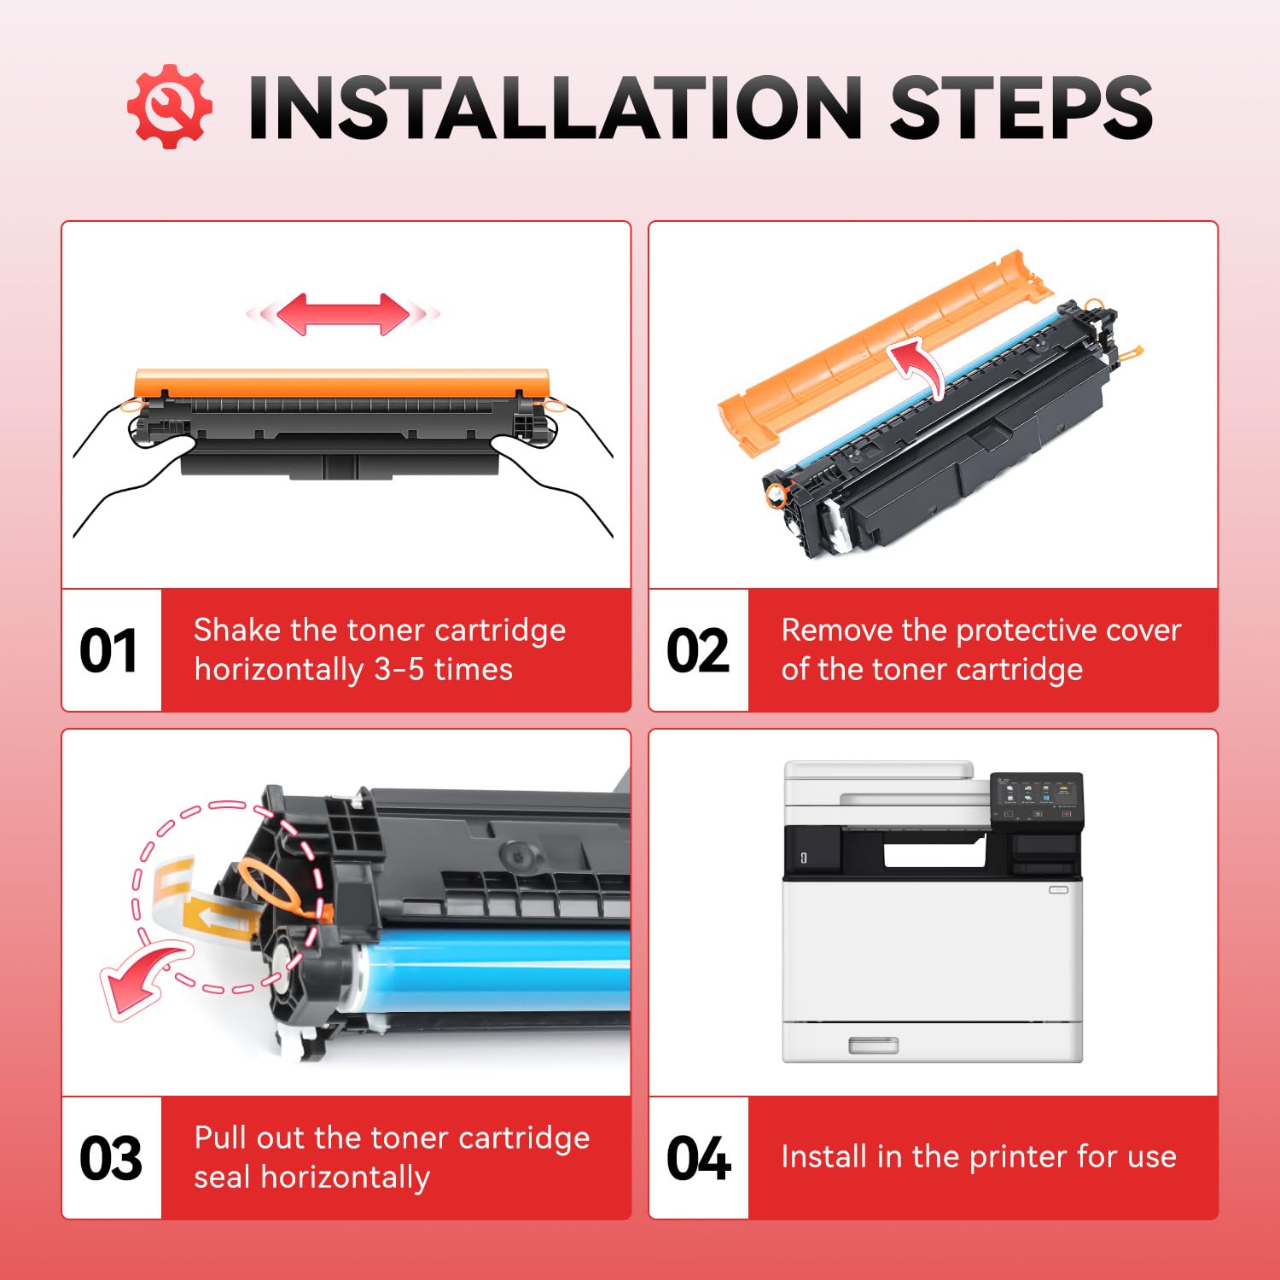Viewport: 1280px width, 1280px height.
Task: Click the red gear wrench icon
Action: click(169, 106)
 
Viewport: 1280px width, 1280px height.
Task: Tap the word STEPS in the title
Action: click(1021, 108)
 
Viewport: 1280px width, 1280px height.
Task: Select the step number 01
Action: click(108, 651)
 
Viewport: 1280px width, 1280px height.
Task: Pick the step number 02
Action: click(697, 651)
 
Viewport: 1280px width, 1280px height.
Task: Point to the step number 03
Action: click(110, 1159)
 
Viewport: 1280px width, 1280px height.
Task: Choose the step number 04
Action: click(698, 1159)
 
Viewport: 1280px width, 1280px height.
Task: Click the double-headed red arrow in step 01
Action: click(343, 314)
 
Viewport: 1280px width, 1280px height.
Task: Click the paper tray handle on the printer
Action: click(874, 1045)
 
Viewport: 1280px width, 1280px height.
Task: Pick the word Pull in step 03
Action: click(220, 1137)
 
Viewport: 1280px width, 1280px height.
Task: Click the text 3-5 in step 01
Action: click(399, 669)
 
